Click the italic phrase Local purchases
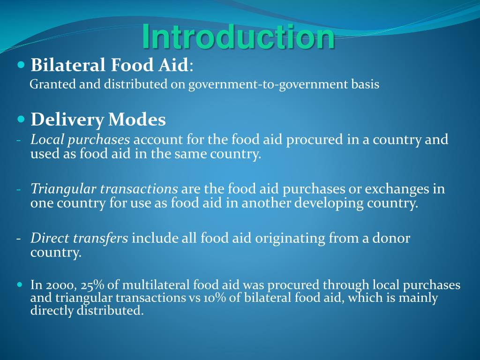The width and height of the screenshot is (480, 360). pos(80,140)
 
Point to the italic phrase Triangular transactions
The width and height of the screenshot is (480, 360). pos(104,189)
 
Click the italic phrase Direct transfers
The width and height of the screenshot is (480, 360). pos(79,239)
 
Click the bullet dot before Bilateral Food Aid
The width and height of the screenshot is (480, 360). pos(21,64)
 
